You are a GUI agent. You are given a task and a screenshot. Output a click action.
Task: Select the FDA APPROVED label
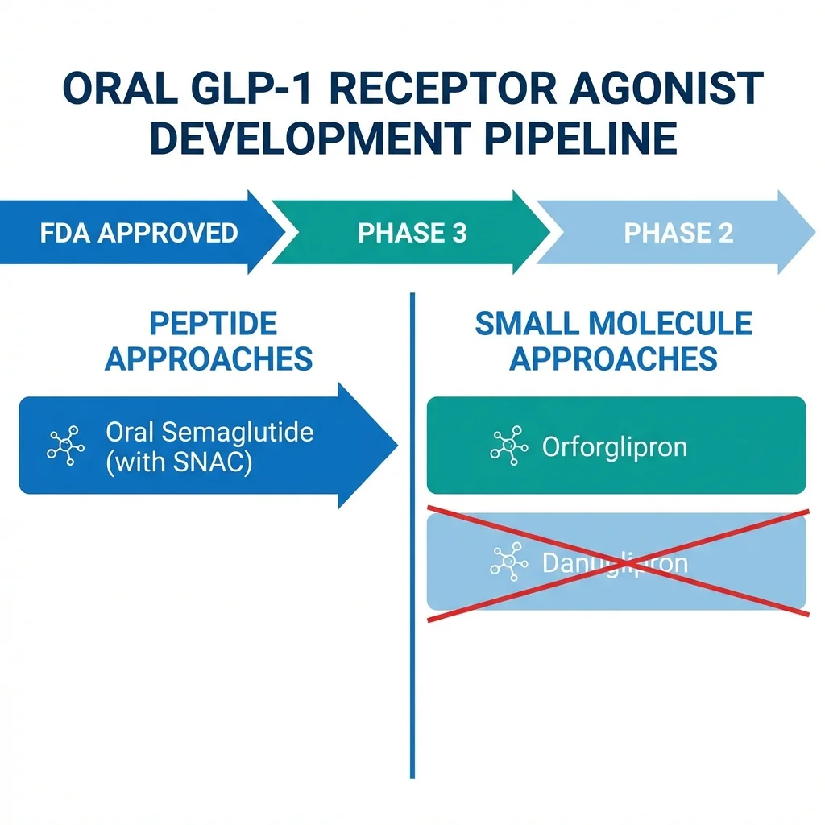[139, 233]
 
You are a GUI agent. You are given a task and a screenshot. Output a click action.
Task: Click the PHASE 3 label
[412, 233]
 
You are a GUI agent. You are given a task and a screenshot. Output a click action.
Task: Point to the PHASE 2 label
[678, 233]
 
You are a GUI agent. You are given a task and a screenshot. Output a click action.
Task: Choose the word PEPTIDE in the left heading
[214, 324]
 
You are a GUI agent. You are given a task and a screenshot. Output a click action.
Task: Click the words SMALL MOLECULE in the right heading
[613, 324]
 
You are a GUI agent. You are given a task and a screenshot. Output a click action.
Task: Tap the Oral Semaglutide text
[209, 432]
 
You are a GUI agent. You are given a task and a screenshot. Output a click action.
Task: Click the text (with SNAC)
[178, 463]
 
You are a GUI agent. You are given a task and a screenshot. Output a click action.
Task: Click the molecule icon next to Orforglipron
[508, 446]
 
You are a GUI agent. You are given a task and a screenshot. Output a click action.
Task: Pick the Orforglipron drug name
[614, 446]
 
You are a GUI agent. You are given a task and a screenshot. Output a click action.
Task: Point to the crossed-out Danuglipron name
[614, 562]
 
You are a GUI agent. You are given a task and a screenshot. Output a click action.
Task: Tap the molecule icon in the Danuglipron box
[508, 561]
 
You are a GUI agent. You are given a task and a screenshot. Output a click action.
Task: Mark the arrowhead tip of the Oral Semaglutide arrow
[396, 445]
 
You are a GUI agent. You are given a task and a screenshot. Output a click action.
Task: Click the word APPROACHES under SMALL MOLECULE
[613, 359]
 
